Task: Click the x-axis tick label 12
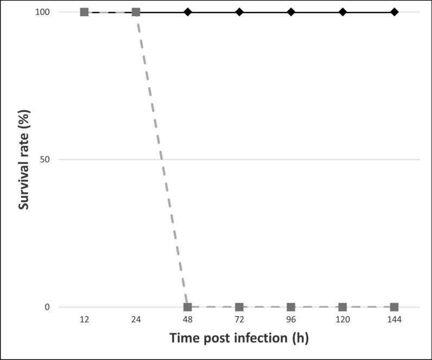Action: [x=84, y=321]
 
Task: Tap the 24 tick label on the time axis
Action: [x=136, y=321]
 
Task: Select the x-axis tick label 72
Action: [x=239, y=321]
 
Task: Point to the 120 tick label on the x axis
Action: [x=342, y=321]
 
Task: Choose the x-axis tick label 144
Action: [x=394, y=321]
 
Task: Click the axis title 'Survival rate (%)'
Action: [x=24, y=160]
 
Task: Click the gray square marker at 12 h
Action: [x=84, y=12]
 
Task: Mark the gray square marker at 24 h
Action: [x=136, y=12]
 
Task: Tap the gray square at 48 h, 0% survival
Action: [x=187, y=307]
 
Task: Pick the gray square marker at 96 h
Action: [x=291, y=307]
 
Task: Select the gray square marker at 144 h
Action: [x=394, y=307]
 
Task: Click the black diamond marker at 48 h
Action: [x=187, y=12]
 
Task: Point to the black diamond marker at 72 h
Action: [x=239, y=12]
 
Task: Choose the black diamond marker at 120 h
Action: [x=342, y=12]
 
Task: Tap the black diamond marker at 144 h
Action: [x=394, y=12]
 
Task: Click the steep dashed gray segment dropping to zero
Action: [x=162, y=160]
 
